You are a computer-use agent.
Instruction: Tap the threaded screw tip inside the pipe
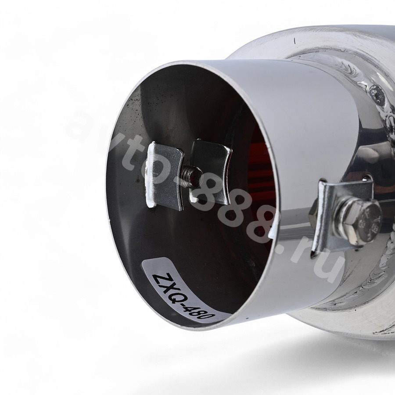click(193, 175)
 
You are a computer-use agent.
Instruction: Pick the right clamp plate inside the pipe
click(211, 172)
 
